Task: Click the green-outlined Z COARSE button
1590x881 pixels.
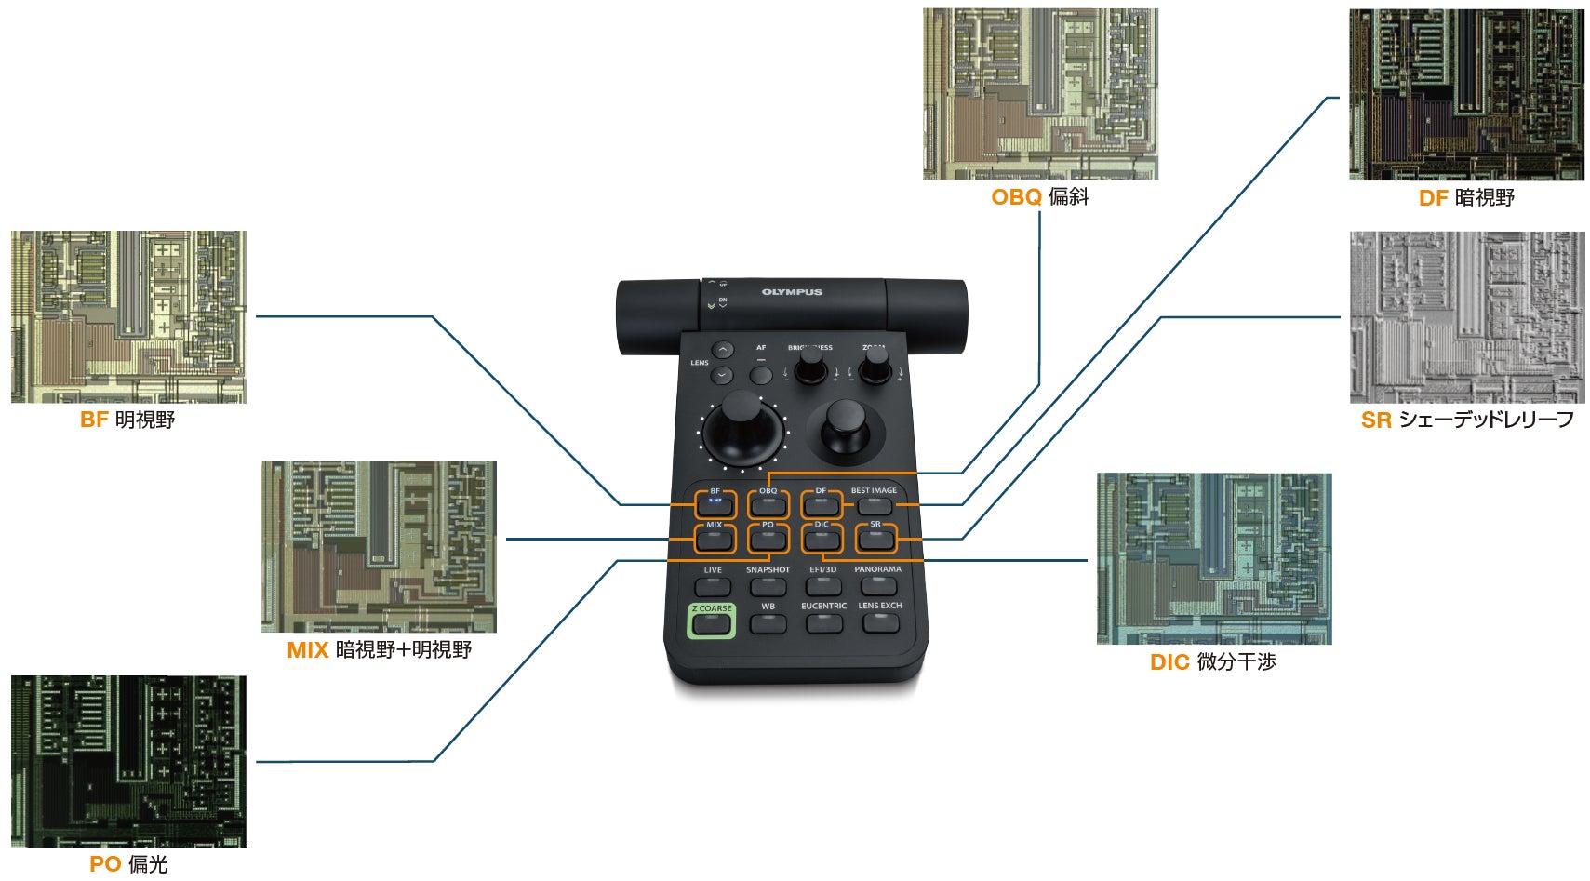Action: [x=711, y=622]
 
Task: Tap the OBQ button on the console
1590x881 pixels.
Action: [x=768, y=505]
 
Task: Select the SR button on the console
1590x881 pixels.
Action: [x=875, y=539]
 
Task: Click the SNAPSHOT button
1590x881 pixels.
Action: [x=768, y=586]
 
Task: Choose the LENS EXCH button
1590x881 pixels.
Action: [x=879, y=621]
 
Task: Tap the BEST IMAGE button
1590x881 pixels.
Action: [x=874, y=505]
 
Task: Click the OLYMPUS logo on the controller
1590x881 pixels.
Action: [x=792, y=292]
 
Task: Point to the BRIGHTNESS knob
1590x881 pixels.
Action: [x=811, y=366]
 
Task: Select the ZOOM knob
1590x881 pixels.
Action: [x=875, y=366]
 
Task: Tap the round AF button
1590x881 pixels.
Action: [x=761, y=375]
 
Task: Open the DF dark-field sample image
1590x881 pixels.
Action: [x=1466, y=95]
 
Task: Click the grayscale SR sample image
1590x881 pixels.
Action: [x=1466, y=317]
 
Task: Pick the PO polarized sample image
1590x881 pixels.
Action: [x=128, y=761]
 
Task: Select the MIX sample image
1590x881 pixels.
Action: [x=379, y=547]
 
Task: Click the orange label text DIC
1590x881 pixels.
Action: [x=1169, y=662]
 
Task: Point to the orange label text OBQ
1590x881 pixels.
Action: [x=1016, y=197]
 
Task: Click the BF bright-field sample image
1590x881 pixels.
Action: [x=128, y=316]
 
